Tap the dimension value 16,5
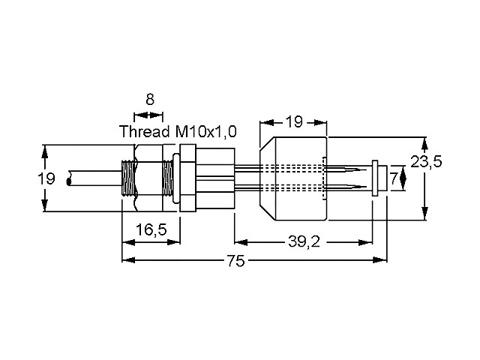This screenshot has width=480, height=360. coord(151,231)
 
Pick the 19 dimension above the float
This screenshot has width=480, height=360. coord(293,122)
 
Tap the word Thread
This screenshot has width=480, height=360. coord(145,131)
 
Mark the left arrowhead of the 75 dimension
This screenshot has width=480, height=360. coord(127,259)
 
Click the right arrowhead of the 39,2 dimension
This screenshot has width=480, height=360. coord(372,241)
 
